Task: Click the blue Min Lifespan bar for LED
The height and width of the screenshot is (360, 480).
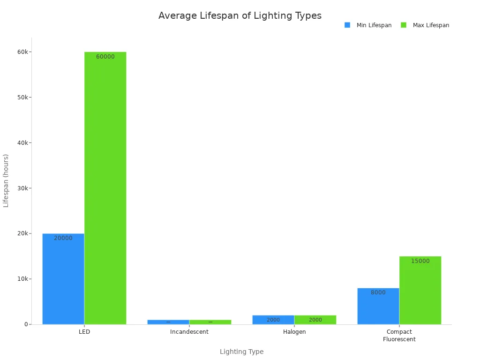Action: coord(63,279)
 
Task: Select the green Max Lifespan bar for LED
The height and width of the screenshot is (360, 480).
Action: coord(105,187)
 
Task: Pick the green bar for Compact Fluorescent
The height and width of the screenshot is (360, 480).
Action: coord(420,290)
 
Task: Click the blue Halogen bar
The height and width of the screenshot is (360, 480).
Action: coord(273,320)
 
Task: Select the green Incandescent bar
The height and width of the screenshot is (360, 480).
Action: coord(210,322)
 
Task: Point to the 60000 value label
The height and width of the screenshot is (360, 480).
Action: coord(105,57)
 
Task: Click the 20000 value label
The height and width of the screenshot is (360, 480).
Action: coord(63,238)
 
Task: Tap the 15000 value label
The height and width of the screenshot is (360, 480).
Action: coord(420,261)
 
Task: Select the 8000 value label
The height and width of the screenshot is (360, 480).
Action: coord(378,292)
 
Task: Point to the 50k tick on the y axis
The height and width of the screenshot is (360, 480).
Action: coord(22,97)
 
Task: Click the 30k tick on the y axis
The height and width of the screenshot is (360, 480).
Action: coord(22,188)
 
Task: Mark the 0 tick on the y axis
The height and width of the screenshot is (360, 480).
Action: coord(26,324)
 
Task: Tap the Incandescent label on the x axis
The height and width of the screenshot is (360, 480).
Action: coord(189,332)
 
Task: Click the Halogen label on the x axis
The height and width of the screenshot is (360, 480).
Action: coord(294,332)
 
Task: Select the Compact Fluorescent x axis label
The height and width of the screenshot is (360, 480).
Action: coord(399,335)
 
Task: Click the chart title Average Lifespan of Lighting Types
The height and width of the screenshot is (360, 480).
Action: coord(240,15)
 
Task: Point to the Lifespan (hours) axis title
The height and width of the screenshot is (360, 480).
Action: coord(6,180)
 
